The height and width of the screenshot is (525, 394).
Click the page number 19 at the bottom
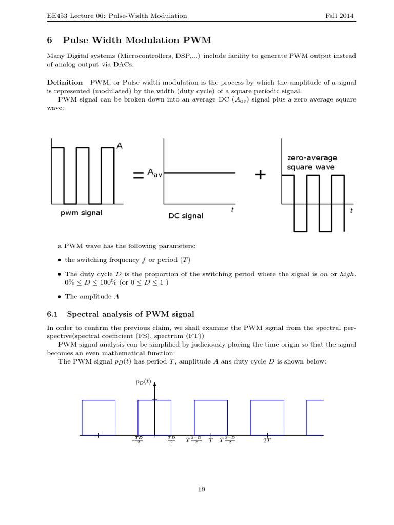(202, 490)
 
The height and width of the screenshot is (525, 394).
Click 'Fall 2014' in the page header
(340, 16)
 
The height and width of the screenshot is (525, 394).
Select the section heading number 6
(50, 39)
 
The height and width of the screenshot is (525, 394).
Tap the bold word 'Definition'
(65, 82)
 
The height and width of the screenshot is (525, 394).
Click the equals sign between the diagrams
(138, 175)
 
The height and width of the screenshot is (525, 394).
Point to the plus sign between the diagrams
(260, 175)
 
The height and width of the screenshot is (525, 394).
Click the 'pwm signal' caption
(81, 213)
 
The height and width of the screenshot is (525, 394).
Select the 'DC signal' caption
(186, 216)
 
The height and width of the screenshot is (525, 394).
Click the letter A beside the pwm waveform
(120, 146)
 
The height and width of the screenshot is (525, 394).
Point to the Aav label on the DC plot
(154, 174)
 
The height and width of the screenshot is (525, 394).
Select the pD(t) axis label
(144, 382)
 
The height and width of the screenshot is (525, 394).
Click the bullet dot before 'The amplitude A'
(59, 296)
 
